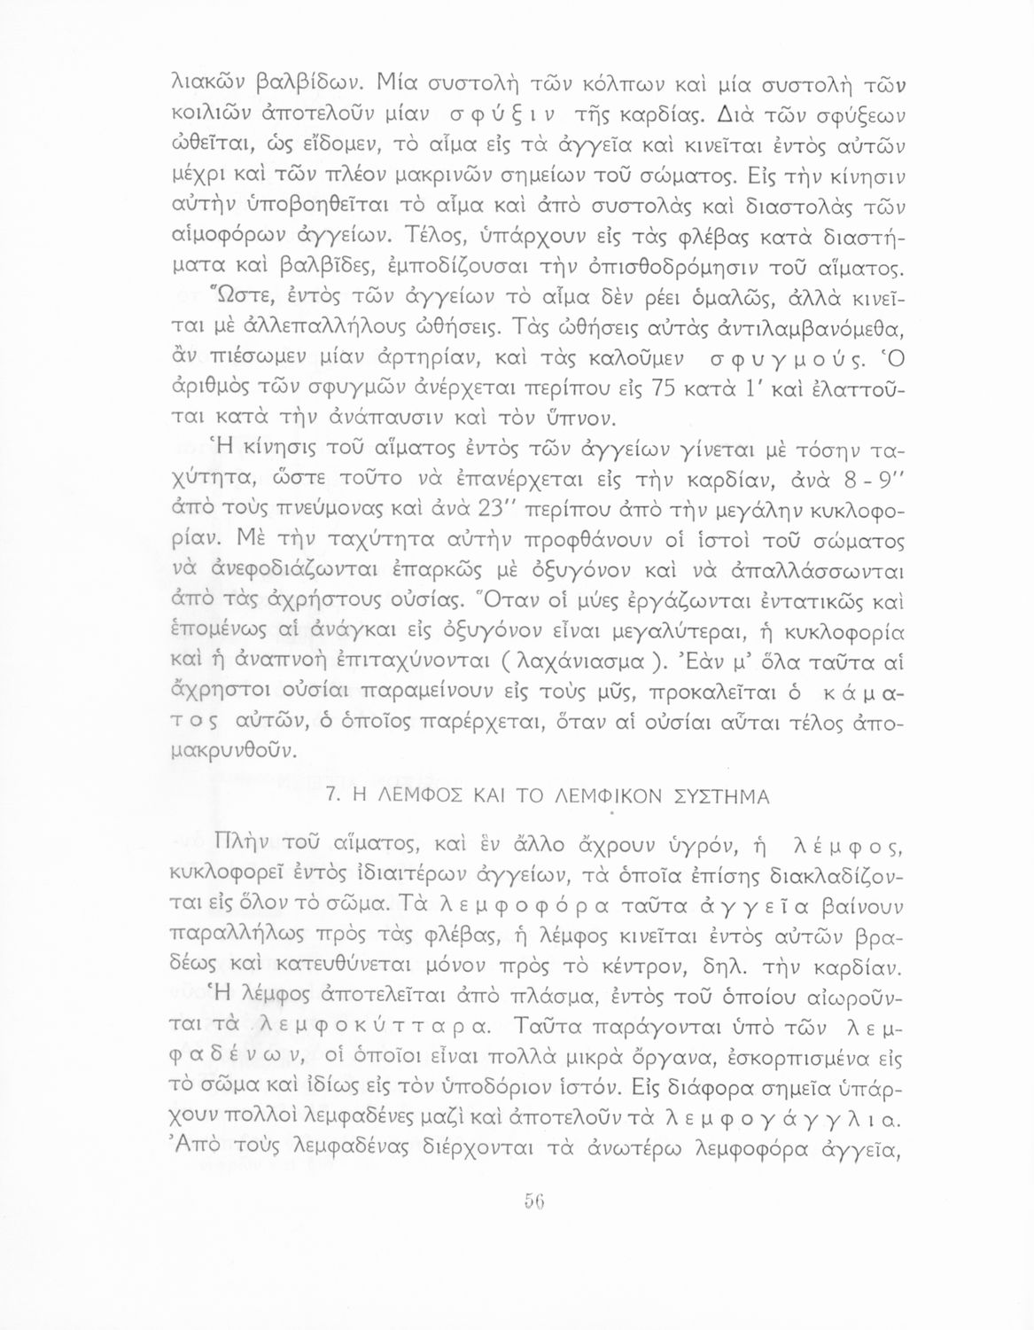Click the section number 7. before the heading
pos(334,796)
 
